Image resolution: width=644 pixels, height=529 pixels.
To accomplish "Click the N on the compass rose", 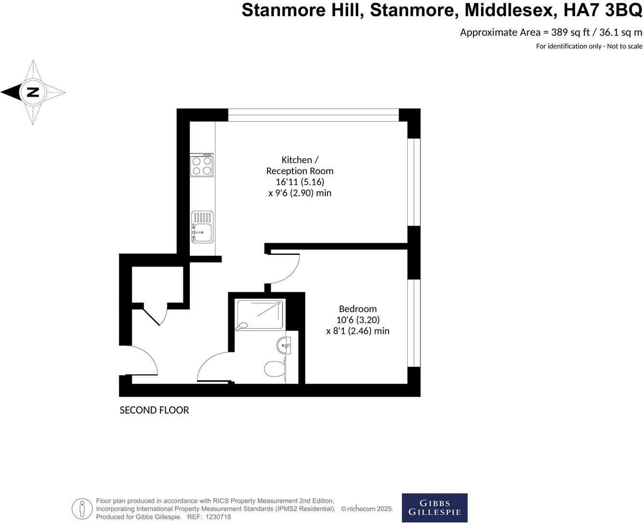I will pos(33,92).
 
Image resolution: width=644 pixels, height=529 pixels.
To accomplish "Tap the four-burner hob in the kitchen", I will pos(202,165).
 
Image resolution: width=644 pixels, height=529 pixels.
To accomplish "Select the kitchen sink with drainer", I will pos(202,226).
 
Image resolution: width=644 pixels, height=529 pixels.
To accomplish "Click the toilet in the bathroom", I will pos(274,369).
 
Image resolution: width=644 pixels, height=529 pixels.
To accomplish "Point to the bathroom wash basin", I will pos(284,345).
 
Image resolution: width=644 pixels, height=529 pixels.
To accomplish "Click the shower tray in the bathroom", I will pos(260,314).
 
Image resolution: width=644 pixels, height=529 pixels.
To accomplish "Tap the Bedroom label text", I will pos(358,309).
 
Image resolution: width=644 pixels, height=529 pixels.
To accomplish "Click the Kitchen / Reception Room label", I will pos(300,165).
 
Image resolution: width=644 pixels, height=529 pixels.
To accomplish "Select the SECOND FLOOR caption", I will pos(154,410).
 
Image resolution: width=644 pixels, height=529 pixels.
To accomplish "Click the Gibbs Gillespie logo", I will pos(434,508).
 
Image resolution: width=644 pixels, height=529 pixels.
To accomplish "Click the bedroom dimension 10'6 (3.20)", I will pos(358,320).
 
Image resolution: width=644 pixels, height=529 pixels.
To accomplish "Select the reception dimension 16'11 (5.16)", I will pos(300,182).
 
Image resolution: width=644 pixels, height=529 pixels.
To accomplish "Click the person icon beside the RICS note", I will pos(82,509).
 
